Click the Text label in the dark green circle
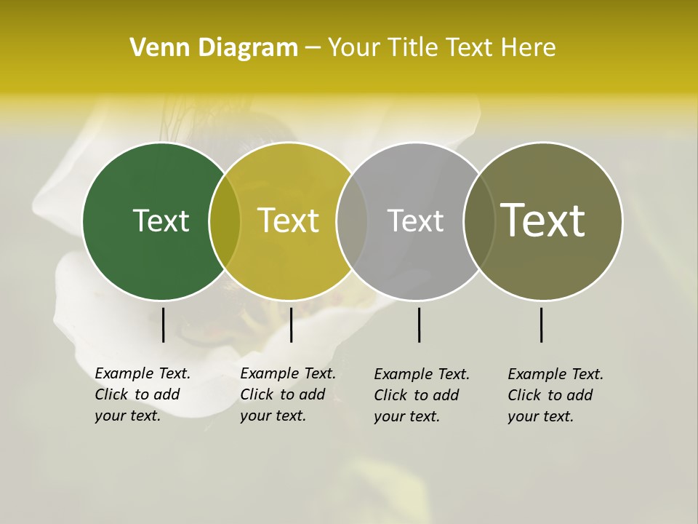(161, 221)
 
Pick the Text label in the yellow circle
(289, 221)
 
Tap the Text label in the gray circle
(415, 221)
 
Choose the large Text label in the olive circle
(543, 220)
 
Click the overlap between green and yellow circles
(225, 221)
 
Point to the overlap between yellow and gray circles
(352, 221)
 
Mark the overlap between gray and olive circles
(479, 221)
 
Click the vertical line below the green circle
(164, 325)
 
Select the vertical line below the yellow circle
(291, 325)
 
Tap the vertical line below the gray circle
(420, 325)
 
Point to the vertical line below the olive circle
(542, 325)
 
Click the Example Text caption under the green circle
(143, 394)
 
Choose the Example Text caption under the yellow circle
(288, 394)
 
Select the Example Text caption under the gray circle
(422, 395)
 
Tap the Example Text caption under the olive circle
(555, 395)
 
